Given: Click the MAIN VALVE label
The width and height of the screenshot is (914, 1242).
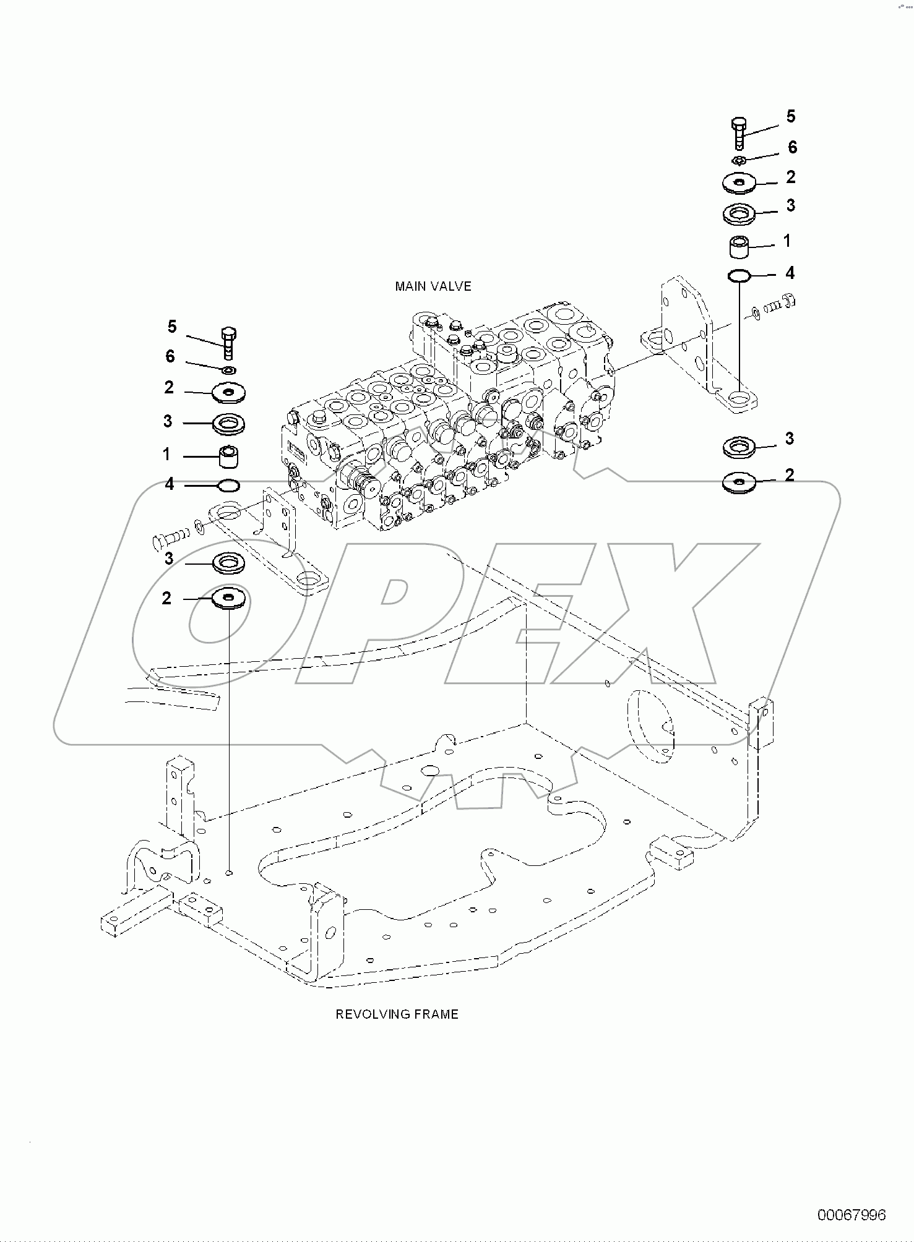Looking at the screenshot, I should (x=433, y=286).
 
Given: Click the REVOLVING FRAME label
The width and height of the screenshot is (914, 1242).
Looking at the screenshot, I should (x=397, y=1014).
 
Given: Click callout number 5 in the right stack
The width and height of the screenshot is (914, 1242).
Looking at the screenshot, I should (x=791, y=116).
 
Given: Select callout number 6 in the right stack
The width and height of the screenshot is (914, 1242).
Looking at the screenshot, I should (x=792, y=148).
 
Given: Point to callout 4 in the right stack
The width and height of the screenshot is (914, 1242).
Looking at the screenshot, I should (x=790, y=273).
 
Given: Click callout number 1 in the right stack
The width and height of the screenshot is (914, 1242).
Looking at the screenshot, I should (x=787, y=241).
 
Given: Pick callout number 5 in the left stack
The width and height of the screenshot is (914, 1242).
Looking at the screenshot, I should (x=172, y=326).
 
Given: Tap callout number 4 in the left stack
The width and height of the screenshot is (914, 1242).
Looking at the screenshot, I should (x=169, y=484).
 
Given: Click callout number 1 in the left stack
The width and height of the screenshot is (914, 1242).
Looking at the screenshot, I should (x=166, y=455).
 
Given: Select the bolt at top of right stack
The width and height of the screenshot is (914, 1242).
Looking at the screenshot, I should (x=739, y=132).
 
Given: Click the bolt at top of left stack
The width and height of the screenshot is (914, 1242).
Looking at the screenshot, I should (x=228, y=341).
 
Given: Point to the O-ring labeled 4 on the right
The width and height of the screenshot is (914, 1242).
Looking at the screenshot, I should (x=739, y=275).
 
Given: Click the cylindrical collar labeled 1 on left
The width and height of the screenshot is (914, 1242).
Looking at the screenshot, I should (x=228, y=458).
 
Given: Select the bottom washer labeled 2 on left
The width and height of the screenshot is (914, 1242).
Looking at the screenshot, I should (x=229, y=598).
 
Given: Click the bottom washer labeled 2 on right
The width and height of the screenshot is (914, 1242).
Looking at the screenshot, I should (x=739, y=482).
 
